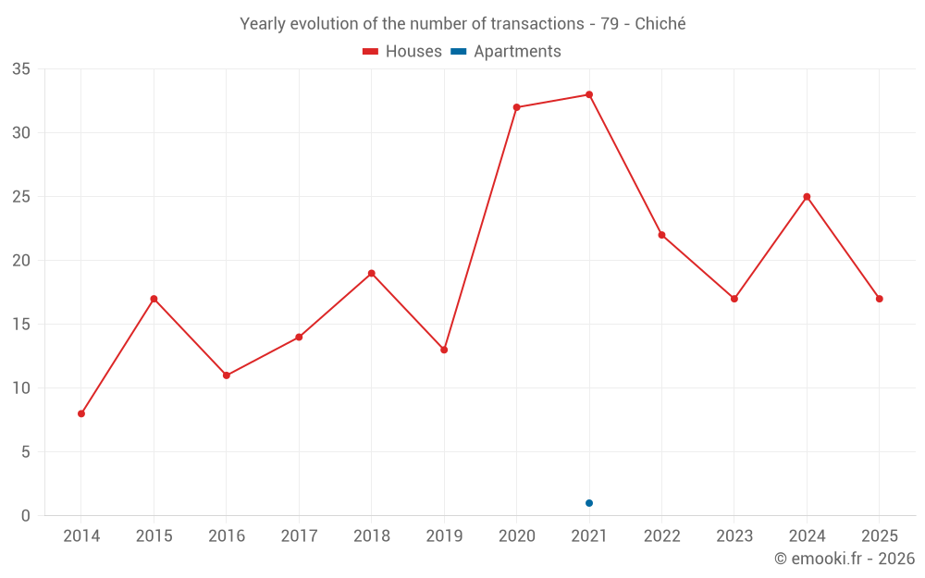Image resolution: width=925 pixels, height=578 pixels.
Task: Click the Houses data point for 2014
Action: (81, 413)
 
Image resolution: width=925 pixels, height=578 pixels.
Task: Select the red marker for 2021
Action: (589, 94)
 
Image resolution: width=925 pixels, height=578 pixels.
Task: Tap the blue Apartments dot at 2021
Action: (589, 503)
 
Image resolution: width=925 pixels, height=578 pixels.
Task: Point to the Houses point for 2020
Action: (517, 107)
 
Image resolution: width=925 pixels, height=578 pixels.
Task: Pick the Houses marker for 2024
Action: (807, 197)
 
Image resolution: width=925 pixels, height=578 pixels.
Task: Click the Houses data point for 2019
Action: (444, 350)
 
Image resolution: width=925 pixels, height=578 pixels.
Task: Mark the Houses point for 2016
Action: (227, 375)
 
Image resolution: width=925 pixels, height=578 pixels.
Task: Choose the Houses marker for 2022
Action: (662, 235)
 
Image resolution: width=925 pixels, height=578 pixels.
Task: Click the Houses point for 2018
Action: (372, 273)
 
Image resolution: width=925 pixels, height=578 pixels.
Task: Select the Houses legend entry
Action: (402, 51)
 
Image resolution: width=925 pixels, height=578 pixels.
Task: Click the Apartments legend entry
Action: (506, 51)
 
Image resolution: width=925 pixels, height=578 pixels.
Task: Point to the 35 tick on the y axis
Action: (21, 69)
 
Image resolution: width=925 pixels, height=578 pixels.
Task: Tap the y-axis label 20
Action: (21, 260)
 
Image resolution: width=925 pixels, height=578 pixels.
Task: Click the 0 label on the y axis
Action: (25, 515)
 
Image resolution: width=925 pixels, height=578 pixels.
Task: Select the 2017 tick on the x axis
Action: (299, 535)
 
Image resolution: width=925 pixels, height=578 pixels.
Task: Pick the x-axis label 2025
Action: (880, 535)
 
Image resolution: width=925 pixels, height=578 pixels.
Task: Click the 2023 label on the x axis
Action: (734, 535)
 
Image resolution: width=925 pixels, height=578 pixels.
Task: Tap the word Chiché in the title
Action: (660, 24)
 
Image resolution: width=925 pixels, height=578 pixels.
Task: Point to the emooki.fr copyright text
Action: (845, 558)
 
